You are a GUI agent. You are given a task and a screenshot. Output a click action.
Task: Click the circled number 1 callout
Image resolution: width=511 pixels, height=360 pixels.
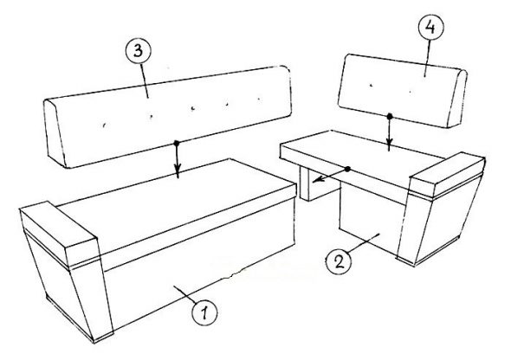(x=204, y=312)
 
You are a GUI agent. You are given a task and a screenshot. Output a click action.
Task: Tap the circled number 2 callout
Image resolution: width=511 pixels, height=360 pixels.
(x=339, y=261)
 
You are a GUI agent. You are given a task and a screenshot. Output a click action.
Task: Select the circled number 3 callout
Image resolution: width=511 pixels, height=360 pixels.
(x=139, y=52)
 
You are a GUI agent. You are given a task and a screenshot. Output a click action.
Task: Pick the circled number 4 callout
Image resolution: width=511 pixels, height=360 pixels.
(x=430, y=28)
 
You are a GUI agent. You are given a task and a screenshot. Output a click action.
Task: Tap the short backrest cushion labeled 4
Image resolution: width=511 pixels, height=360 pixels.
(x=403, y=91)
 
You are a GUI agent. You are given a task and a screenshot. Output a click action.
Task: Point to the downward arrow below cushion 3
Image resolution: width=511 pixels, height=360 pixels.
(x=177, y=160)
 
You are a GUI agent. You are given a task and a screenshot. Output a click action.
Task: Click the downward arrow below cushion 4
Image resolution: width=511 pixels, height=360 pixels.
(x=389, y=133)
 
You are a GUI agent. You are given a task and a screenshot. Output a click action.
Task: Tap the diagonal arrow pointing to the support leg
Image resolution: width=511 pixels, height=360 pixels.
(x=331, y=175)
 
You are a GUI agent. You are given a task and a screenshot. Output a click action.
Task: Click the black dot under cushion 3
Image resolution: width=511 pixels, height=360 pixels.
(x=177, y=143)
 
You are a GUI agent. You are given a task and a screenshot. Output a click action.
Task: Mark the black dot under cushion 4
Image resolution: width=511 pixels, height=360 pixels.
(x=389, y=116)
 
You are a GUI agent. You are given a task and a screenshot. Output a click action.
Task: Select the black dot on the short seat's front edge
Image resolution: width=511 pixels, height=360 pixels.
(x=347, y=169)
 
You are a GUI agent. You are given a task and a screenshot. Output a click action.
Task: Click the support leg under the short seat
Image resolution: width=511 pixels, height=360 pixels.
(x=318, y=184)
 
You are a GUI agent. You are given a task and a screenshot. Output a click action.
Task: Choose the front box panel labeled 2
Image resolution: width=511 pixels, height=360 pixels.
(x=372, y=222)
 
